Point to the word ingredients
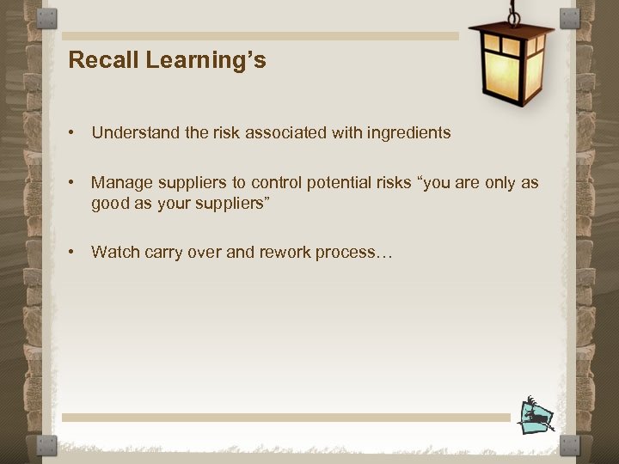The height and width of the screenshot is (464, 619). (x=407, y=132)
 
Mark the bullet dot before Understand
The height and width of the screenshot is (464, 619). (x=75, y=133)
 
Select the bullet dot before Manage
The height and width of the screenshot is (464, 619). (x=75, y=183)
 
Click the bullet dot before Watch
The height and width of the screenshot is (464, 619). (x=75, y=252)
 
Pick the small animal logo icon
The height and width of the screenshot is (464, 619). (x=536, y=415)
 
